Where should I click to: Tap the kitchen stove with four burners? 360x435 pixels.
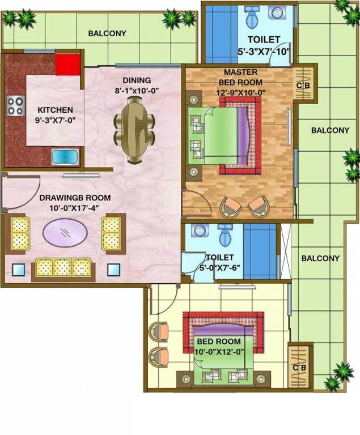(15, 105)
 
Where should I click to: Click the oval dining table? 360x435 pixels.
(135, 128)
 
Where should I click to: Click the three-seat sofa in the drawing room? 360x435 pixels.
(63, 267)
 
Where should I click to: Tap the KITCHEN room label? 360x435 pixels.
(55, 110)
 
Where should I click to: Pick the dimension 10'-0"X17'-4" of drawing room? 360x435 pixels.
(75, 208)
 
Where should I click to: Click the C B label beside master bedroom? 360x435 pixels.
(303, 86)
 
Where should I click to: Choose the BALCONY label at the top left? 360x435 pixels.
(107, 33)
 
